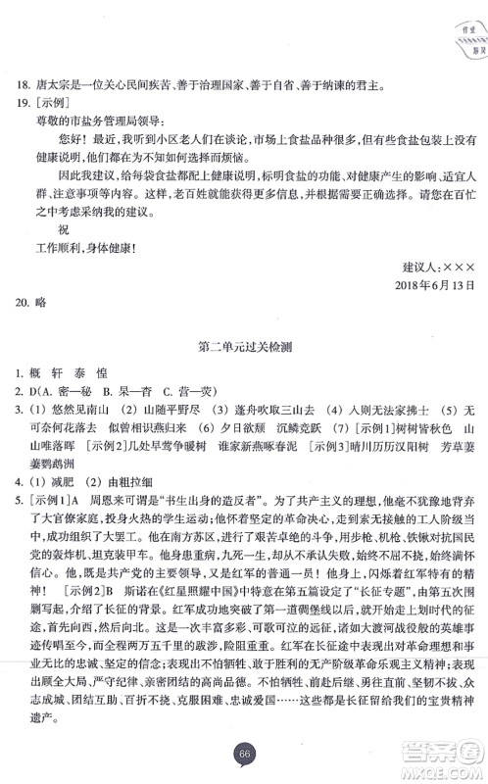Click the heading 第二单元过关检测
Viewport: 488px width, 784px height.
(244, 373)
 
